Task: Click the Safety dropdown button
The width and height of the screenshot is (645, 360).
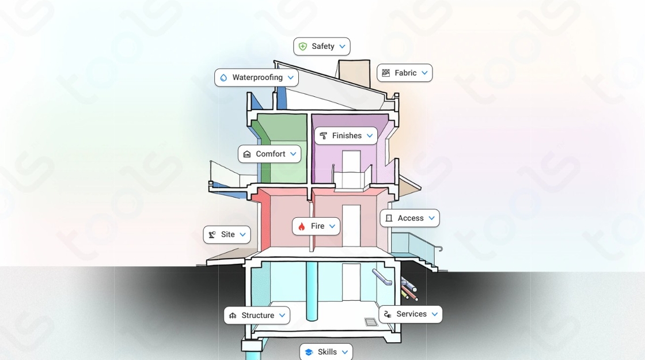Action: pyautogui.click(x=322, y=47)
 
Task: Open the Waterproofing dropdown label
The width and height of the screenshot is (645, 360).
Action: pyautogui.click(x=257, y=78)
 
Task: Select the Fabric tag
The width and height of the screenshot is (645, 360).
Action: pyautogui.click(x=405, y=73)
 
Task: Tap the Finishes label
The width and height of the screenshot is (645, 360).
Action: pyautogui.click(x=346, y=136)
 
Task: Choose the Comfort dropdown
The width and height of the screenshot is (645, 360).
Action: pyautogui.click(x=270, y=154)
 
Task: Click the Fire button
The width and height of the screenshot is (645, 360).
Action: pyautogui.click(x=316, y=226)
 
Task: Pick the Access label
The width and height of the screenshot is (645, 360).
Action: pyautogui.click(x=409, y=218)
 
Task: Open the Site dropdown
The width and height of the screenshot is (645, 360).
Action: pyautogui.click(x=227, y=234)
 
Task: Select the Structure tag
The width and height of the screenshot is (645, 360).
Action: pyautogui.click(x=257, y=316)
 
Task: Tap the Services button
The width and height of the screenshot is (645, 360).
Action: pyautogui.click(x=411, y=314)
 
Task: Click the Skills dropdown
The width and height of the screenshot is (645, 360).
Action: pyautogui.click(x=326, y=352)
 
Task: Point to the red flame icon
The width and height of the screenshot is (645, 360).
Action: pyautogui.click(x=302, y=226)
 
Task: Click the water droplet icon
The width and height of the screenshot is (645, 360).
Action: pyautogui.click(x=224, y=78)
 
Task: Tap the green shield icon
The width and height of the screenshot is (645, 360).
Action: pyautogui.click(x=303, y=47)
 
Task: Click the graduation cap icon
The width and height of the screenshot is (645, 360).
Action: pyautogui.click(x=309, y=352)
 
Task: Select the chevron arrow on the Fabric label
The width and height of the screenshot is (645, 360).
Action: pyautogui.click(x=424, y=73)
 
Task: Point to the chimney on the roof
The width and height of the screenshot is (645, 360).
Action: pyautogui.click(x=353, y=72)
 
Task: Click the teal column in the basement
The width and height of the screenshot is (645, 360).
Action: pyautogui.click(x=312, y=291)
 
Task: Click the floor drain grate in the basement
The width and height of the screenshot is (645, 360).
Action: pyautogui.click(x=371, y=322)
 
